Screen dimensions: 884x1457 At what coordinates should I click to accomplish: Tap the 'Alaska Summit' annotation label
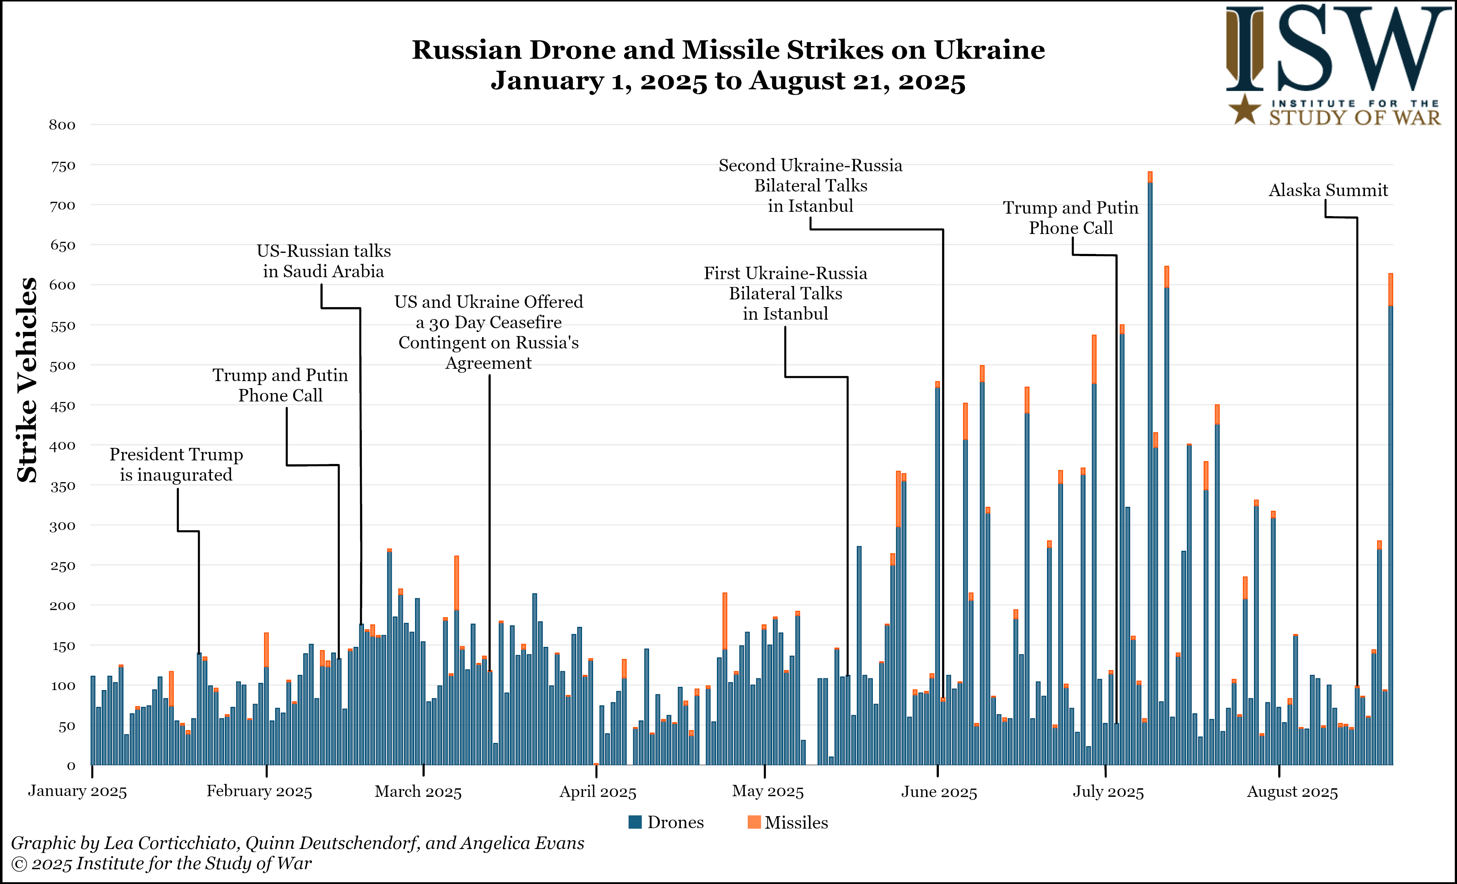click(1328, 190)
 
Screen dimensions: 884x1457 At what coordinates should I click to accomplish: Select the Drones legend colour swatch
click(635, 822)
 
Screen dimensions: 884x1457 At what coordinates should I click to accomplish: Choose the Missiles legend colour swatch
click(754, 822)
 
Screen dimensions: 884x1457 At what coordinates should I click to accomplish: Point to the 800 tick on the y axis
click(62, 125)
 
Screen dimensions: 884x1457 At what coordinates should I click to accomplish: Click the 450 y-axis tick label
click(62, 406)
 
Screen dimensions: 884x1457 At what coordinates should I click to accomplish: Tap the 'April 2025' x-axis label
click(598, 792)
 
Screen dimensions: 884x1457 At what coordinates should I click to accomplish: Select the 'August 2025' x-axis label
click(1292, 792)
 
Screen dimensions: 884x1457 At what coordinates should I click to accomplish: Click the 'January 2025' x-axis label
click(77, 792)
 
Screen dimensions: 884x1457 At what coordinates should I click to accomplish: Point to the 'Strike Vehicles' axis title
click(27, 380)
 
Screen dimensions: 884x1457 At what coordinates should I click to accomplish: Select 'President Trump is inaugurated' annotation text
click(176, 464)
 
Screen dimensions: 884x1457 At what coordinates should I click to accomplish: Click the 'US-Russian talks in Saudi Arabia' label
click(323, 261)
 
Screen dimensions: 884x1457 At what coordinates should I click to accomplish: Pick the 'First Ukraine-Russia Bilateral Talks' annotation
click(785, 294)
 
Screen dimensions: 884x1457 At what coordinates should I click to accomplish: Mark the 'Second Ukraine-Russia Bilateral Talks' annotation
click(810, 185)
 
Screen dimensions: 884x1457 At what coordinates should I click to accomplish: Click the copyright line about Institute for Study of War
click(161, 864)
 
